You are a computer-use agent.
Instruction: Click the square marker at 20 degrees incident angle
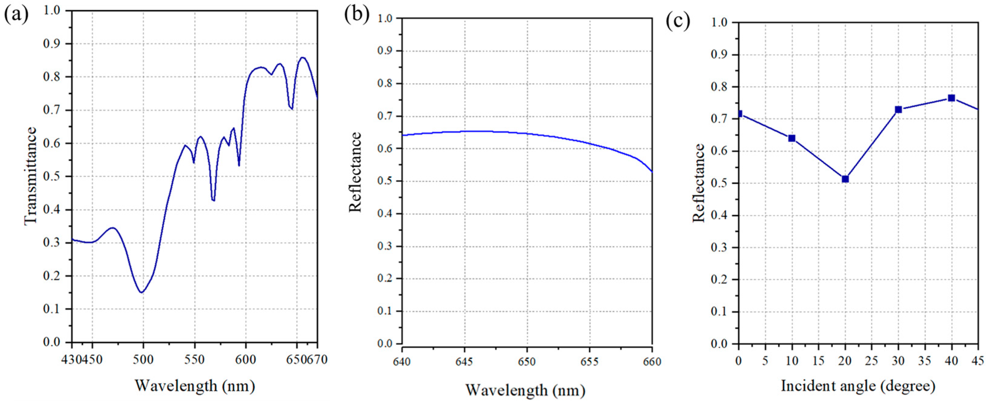point(845,179)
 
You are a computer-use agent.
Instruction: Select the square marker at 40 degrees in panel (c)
point(951,98)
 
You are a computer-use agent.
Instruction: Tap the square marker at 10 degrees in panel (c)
point(792,138)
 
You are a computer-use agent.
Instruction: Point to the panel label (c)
point(678,21)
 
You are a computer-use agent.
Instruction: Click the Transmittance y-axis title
point(31,176)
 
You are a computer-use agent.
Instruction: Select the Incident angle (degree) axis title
point(858,386)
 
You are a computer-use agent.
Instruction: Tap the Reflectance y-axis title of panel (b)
point(355,172)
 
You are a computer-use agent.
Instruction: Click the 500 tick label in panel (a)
point(143,360)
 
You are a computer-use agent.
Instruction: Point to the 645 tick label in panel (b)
point(465,362)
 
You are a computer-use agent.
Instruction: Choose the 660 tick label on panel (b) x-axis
point(652,362)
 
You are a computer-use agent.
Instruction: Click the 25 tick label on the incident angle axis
point(871,361)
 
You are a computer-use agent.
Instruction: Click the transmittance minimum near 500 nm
point(142,292)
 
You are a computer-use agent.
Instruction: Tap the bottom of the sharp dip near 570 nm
point(213,200)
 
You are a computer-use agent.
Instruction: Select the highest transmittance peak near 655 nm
point(302,58)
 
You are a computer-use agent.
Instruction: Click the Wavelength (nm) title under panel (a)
point(195,385)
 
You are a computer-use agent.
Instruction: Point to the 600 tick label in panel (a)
point(245,360)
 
